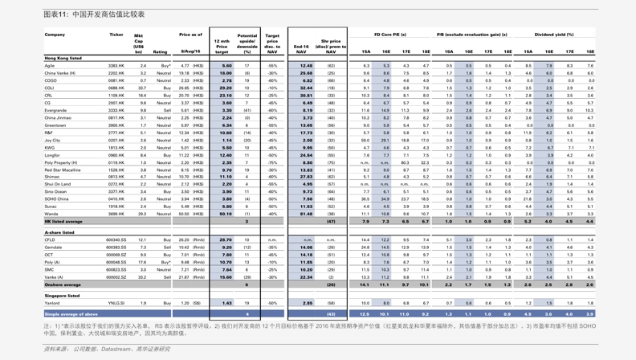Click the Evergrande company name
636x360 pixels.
(56, 110)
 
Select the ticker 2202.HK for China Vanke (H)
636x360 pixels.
(116, 73)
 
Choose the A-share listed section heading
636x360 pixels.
(59, 232)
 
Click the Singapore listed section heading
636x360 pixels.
(63, 296)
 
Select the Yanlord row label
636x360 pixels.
(53, 303)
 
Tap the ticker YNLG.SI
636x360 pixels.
(116, 303)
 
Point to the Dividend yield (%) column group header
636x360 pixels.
(554, 35)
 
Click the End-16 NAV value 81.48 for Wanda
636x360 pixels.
(306, 214)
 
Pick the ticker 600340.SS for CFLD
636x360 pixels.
(116, 239)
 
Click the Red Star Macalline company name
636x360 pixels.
(63, 170)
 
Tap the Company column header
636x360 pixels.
(55, 35)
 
